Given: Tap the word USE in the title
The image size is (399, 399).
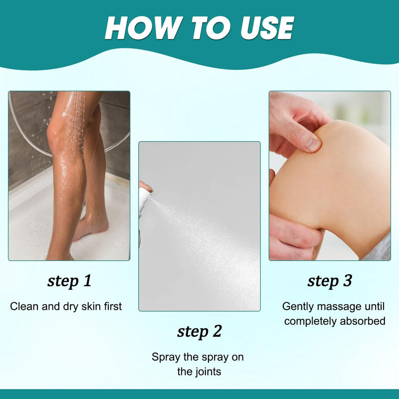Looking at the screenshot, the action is (267, 27).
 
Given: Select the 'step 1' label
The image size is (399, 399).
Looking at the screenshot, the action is (69, 281).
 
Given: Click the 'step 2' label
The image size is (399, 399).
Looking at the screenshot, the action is (199, 332).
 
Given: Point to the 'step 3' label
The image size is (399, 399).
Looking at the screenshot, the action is (330, 281).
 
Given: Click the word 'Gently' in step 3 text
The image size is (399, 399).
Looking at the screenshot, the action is (298, 307).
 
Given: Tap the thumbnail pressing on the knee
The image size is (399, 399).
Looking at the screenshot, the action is (313, 145).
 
